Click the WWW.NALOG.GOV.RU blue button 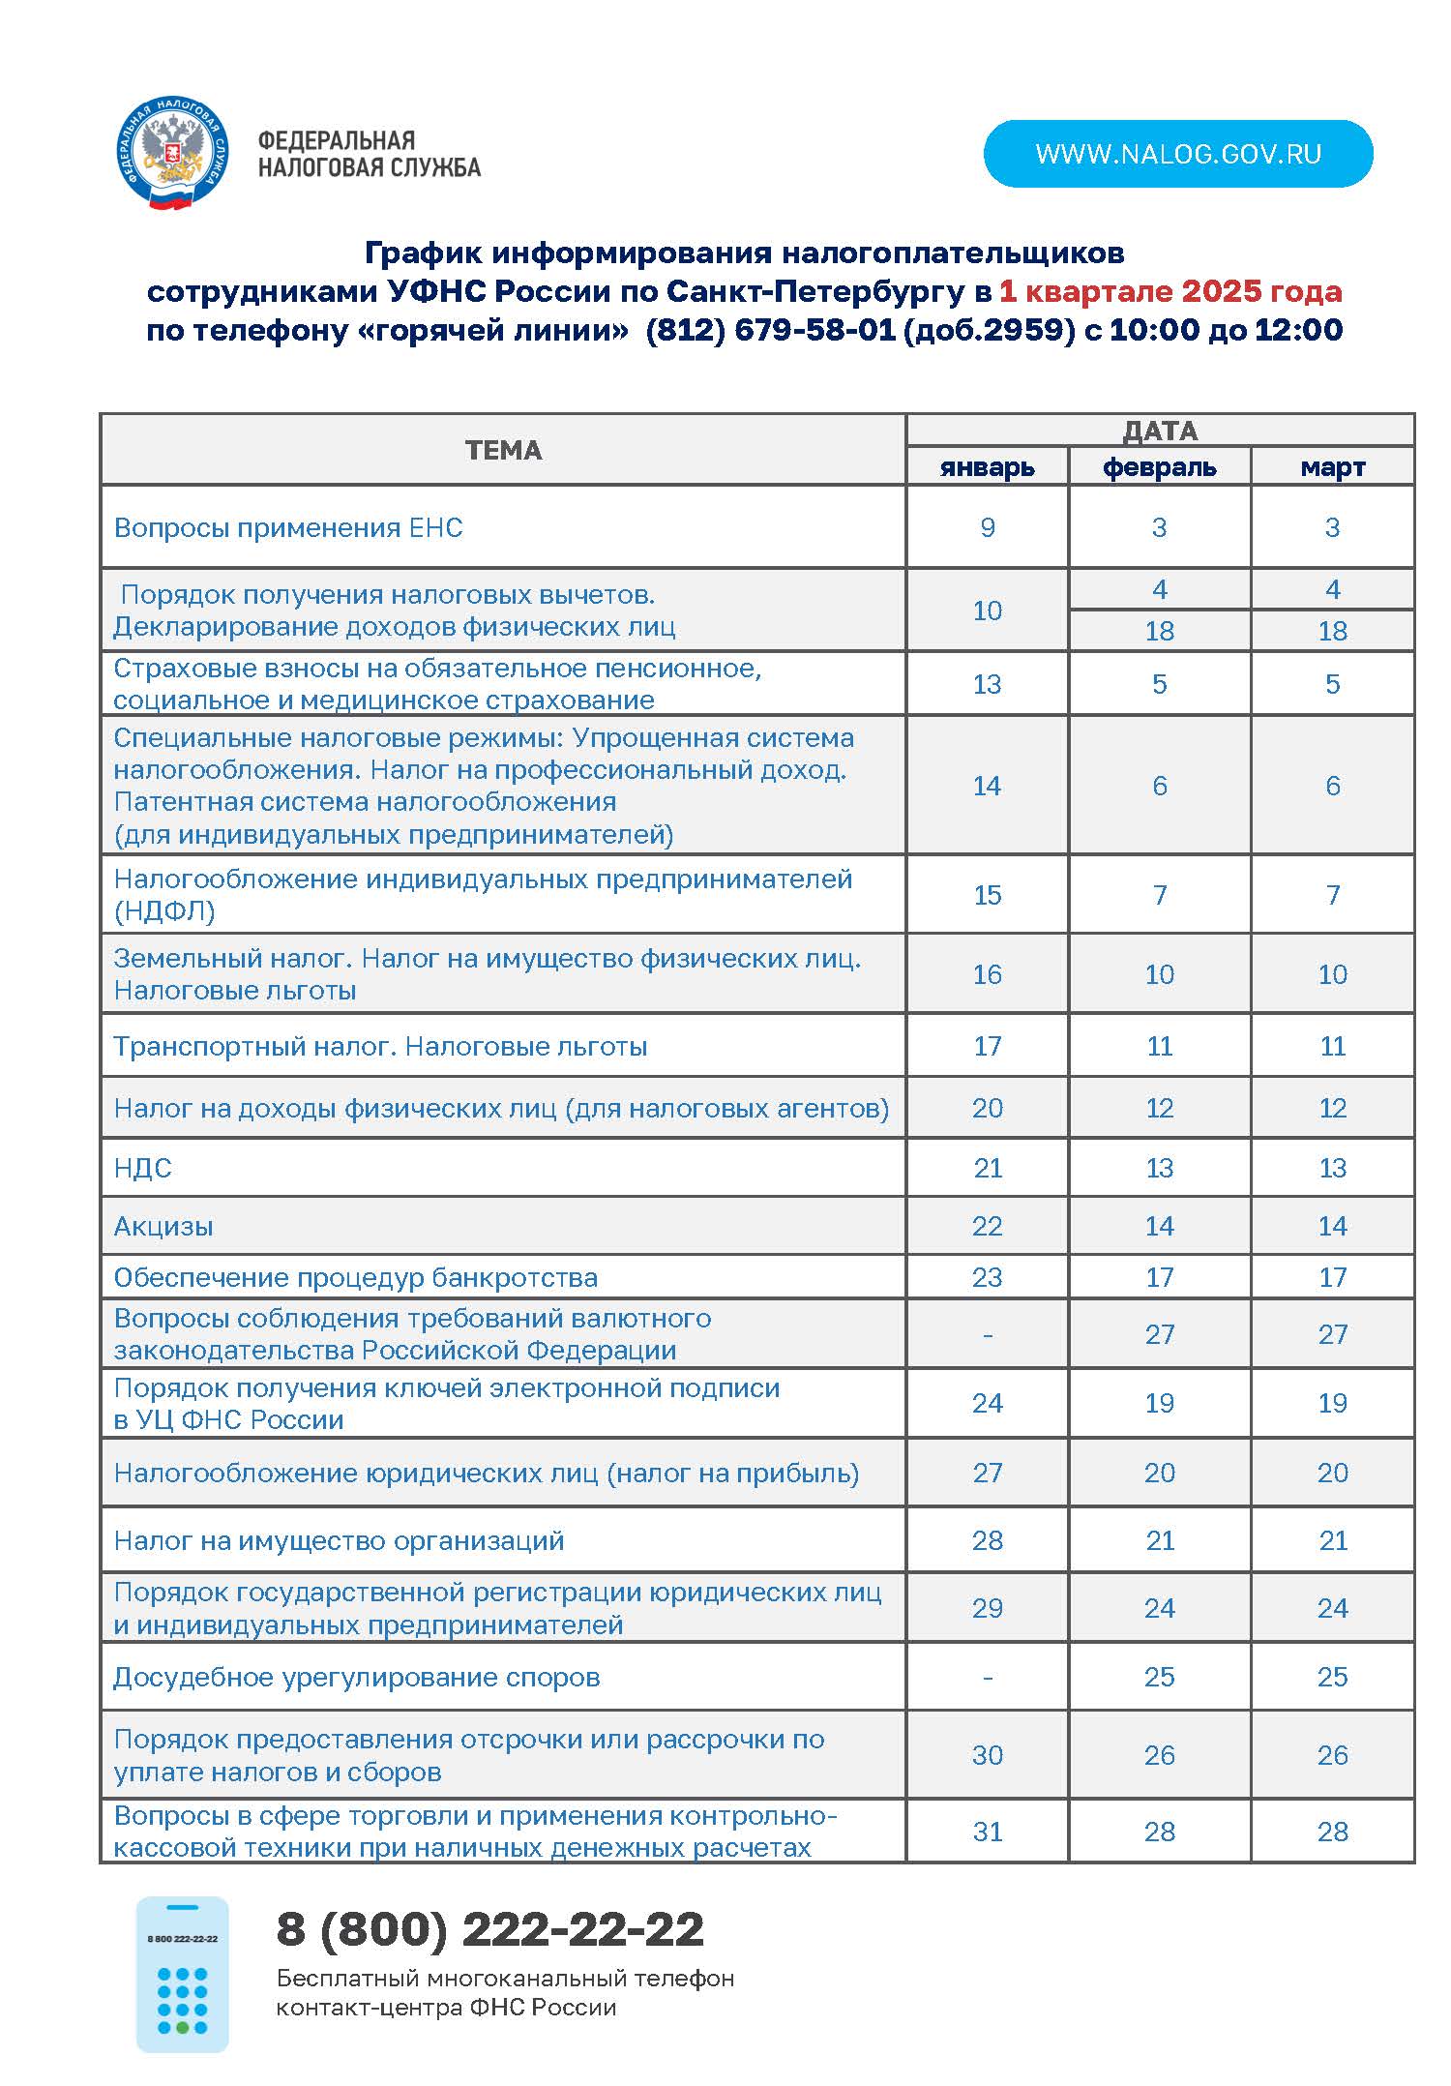(1177, 154)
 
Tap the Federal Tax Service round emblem (170, 153)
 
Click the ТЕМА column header (503, 450)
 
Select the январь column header (987, 467)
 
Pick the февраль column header (1159, 467)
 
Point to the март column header (1332, 467)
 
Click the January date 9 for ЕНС (987, 527)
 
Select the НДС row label (143, 1168)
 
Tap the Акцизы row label (163, 1226)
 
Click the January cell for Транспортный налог (987, 1046)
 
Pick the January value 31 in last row (987, 1832)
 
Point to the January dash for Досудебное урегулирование (987, 1677)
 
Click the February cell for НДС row (1159, 1168)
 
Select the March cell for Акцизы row (1332, 1226)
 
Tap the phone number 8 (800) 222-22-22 (490, 1929)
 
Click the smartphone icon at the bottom (182, 1974)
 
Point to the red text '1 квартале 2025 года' (1170, 291)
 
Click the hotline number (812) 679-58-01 (770, 330)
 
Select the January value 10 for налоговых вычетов (987, 611)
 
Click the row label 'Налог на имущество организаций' (339, 1540)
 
